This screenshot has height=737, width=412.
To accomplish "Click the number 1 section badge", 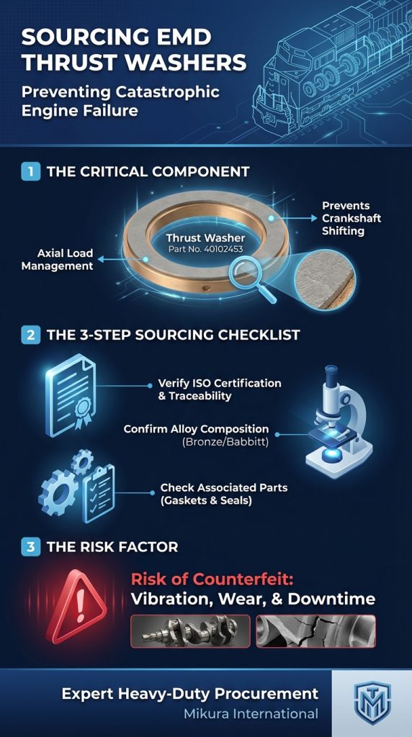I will pos(30,172).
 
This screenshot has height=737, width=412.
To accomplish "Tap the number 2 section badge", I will pos(30,335).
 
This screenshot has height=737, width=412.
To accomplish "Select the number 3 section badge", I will pos(30,546).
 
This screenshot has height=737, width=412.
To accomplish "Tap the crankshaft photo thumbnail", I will pos(190,630).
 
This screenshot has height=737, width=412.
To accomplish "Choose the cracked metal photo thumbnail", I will pos(315,630).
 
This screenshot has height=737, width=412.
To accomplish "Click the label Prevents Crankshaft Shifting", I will pos(351,217).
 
